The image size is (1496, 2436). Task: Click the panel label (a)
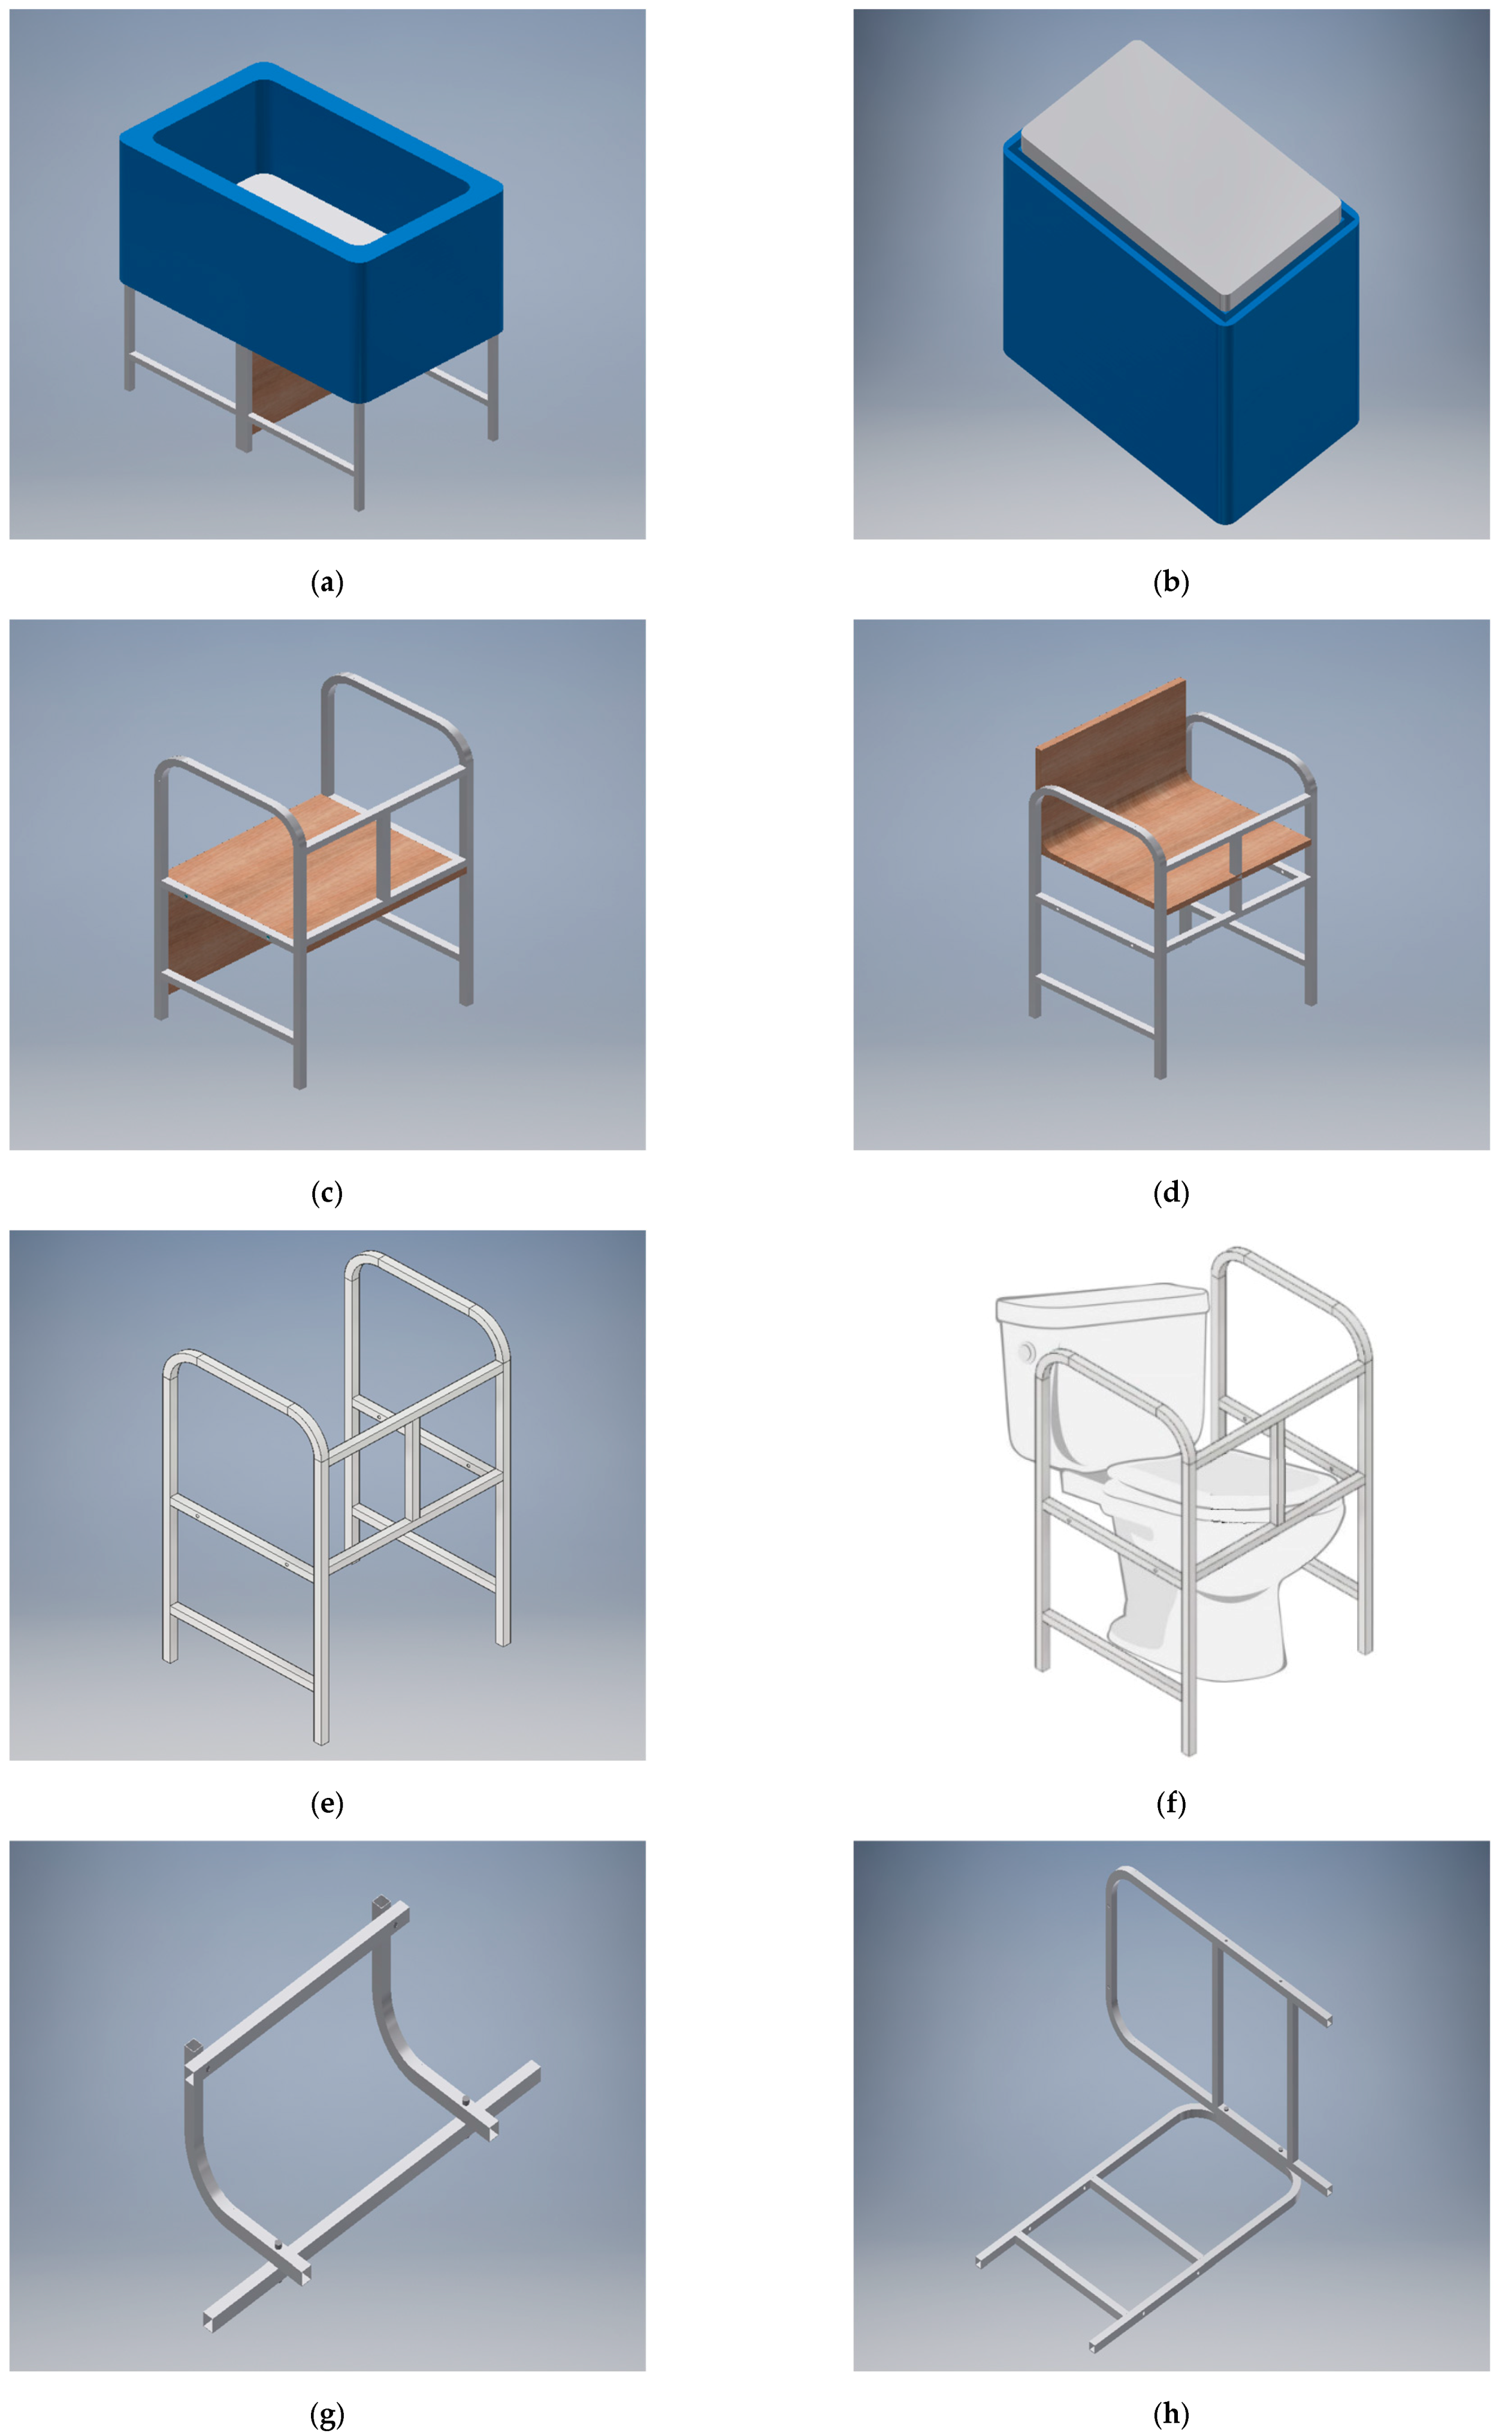pos(328,583)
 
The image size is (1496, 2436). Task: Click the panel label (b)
pos(1171,583)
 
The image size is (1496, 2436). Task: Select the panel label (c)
pos(328,1193)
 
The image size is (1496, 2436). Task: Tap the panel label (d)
pos(1171,1193)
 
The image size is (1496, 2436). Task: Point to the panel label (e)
pos(328,1804)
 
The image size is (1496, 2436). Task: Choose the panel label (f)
pos(1171,1804)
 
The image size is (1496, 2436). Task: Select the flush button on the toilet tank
pos(1027,1350)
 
